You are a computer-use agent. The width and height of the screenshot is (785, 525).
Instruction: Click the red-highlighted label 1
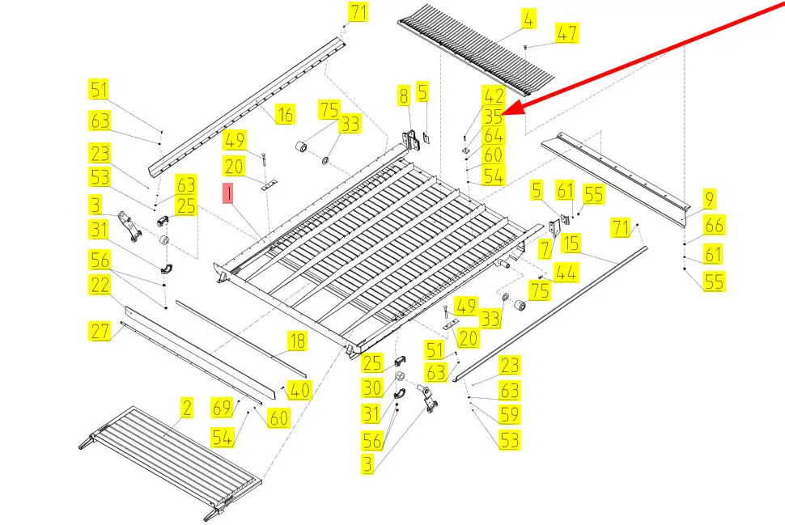229,193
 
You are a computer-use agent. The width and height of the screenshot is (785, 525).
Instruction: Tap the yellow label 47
566,32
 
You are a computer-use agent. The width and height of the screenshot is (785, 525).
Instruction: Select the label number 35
494,116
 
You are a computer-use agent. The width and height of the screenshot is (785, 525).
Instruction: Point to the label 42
494,95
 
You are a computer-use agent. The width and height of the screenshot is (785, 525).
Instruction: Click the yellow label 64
494,135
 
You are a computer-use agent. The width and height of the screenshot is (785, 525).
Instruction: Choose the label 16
284,114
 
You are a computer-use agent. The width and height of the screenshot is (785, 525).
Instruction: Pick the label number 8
403,95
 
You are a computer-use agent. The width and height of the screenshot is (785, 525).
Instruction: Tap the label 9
709,197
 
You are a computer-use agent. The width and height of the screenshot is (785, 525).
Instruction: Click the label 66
714,225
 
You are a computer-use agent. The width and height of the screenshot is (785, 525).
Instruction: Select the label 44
566,273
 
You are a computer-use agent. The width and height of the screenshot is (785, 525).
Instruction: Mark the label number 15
571,242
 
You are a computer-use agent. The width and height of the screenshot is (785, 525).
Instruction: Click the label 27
100,331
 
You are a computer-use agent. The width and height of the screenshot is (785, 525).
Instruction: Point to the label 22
100,284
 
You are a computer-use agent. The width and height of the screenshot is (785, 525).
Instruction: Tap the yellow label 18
298,341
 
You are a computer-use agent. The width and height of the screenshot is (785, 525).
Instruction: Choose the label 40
299,390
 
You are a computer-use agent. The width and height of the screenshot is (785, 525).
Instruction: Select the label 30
371,388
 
